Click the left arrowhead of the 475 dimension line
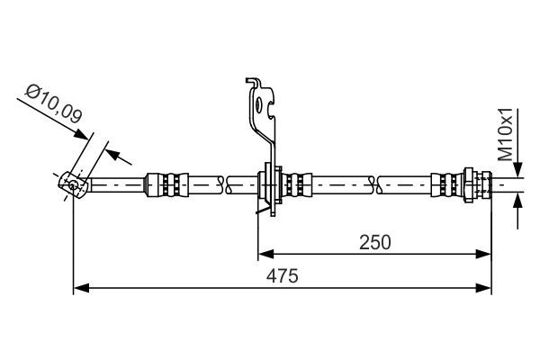[80, 288]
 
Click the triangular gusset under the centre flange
[265, 209]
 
